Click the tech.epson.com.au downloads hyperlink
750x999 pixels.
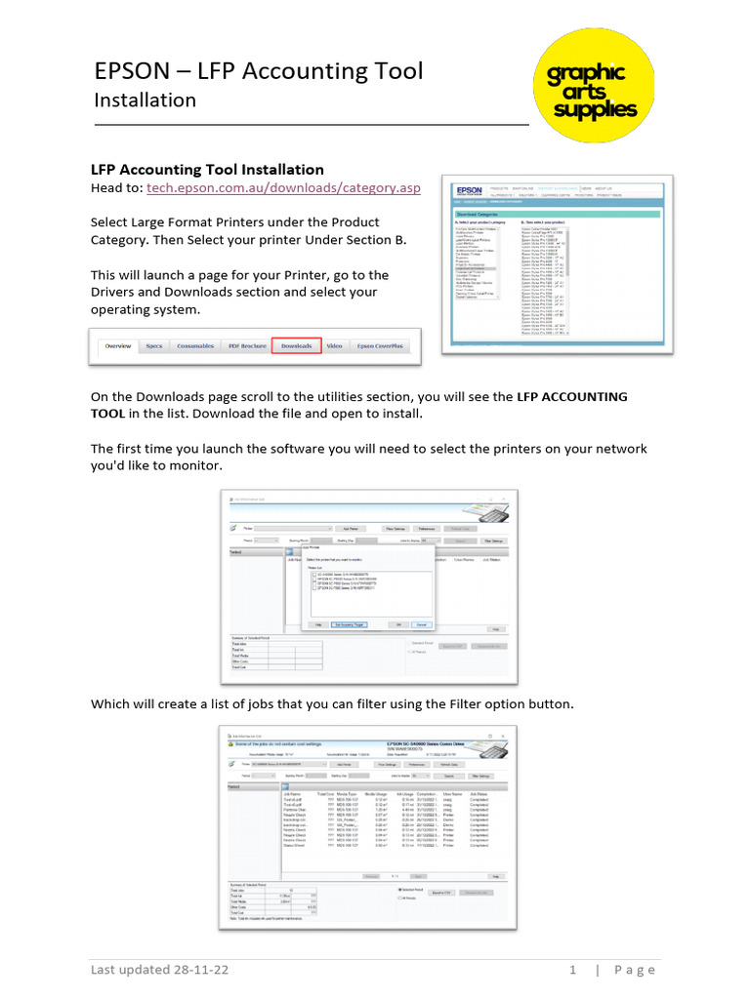click(284, 187)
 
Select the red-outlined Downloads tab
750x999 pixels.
click(296, 346)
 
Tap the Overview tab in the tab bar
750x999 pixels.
click(118, 346)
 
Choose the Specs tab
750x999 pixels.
click(154, 346)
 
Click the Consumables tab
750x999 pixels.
click(195, 346)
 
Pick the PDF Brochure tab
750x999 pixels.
click(246, 346)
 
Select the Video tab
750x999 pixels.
click(334, 346)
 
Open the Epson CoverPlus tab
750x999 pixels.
click(379, 346)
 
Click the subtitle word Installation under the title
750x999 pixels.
click(145, 100)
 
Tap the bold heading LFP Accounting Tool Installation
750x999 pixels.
click(207, 169)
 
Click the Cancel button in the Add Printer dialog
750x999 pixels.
click(422, 623)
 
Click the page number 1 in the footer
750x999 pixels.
click(572, 970)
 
